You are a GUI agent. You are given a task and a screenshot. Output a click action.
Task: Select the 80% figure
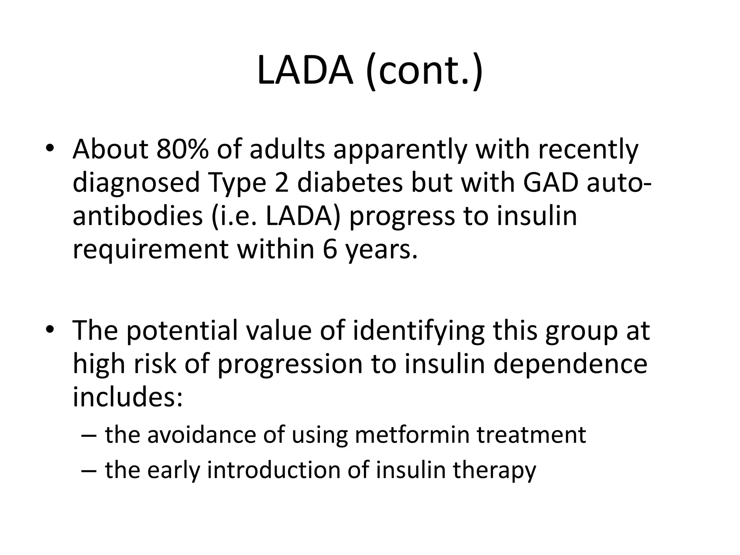point(182,149)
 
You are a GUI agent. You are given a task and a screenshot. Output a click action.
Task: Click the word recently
point(588,149)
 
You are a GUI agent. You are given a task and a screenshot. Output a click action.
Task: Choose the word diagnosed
point(136,182)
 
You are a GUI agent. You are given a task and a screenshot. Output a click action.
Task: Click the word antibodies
point(138,216)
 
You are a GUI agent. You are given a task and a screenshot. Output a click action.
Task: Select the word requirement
point(150,249)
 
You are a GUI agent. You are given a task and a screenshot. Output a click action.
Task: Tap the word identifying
point(418,330)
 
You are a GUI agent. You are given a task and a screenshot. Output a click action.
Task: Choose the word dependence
point(571,363)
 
